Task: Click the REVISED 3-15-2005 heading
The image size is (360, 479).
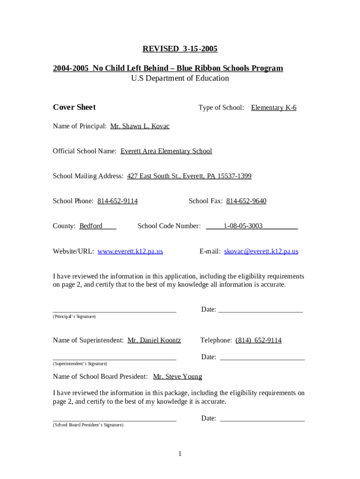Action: tap(180, 49)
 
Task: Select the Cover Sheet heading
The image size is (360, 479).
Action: tap(74, 107)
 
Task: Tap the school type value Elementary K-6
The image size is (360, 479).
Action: tap(274, 108)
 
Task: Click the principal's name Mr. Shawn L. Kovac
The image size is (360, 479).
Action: tap(140, 126)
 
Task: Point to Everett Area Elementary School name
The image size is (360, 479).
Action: tap(166, 151)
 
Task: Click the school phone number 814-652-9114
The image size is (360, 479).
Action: tap(117, 201)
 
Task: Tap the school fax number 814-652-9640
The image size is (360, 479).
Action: tap(246, 201)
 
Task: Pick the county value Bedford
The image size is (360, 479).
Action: tap(91, 226)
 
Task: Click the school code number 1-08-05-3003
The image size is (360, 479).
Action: tap(243, 226)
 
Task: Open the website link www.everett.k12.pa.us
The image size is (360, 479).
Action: tap(130, 251)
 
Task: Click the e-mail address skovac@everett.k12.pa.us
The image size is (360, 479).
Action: tap(261, 251)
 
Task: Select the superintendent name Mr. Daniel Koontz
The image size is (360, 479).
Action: tap(154, 340)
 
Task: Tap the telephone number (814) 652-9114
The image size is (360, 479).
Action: tap(259, 340)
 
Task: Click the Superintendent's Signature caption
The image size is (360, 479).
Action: tap(80, 363)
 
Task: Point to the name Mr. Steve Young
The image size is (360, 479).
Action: tap(178, 377)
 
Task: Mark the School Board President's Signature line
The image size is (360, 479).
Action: tap(115, 421)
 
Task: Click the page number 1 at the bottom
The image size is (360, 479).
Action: tap(180, 454)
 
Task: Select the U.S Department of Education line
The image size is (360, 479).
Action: tap(180, 78)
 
